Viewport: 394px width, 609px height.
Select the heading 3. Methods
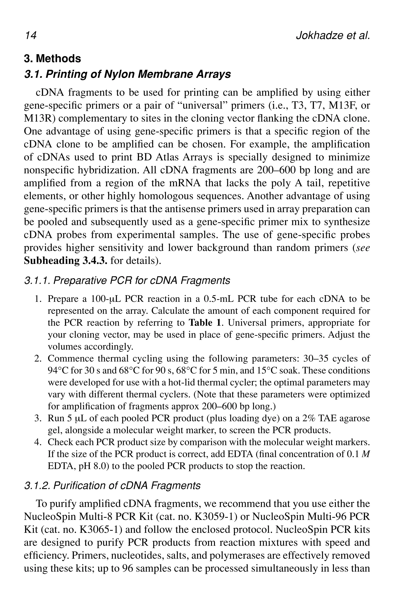tap(52, 59)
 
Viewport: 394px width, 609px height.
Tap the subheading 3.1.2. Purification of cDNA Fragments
tap(112, 485)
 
